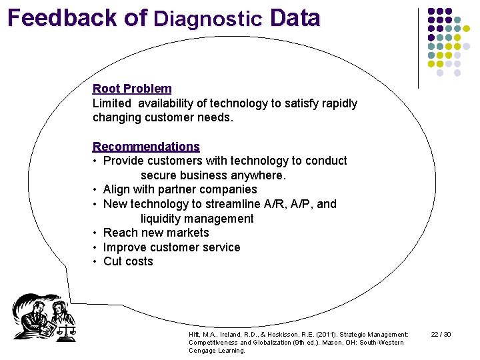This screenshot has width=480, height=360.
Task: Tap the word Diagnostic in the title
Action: click(208, 19)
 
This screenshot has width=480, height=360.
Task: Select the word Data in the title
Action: click(295, 18)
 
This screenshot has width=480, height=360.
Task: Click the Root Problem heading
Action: click(132, 89)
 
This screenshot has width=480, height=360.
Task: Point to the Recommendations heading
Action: click(146, 147)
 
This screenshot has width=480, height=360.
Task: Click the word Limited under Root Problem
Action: click(113, 103)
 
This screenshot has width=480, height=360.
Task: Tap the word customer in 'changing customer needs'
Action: click(177, 118)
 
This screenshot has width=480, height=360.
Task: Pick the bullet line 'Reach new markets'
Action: click(156, 233)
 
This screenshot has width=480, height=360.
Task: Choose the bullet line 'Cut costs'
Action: click(128, 261)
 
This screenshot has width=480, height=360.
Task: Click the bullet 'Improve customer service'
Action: click(171, 247)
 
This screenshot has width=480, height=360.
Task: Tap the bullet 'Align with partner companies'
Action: click(180, 189)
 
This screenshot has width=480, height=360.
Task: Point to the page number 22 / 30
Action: click(441, 334)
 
